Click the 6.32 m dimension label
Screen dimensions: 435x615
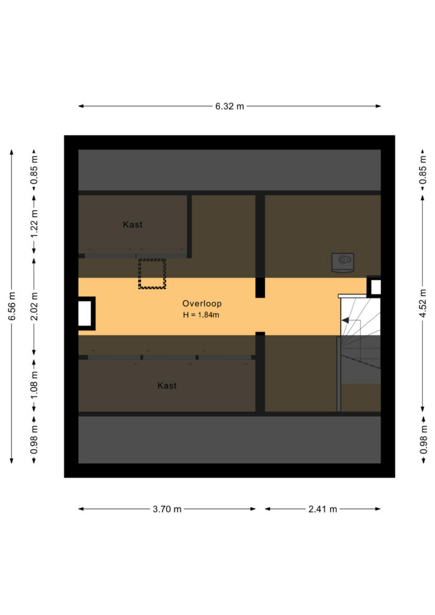pos(230,106)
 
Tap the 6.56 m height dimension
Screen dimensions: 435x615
pos(12,306)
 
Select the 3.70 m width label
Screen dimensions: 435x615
pos(167,509)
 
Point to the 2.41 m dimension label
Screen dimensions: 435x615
pos(323,509)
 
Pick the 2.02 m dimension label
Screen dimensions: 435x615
pos(34,306)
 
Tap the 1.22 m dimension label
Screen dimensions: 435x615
pos(34,223)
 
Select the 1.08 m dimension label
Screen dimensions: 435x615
pos(34,384)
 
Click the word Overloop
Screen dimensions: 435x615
pos(202,303)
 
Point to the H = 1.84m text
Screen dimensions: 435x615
pos(201,315)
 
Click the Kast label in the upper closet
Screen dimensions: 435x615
pos(133,225)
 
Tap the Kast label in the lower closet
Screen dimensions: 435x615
pos(166,386)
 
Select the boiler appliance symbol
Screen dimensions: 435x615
pos(343,262)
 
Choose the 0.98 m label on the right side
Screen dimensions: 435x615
pos(423,440)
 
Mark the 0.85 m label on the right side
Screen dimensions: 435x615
pos(422,170)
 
